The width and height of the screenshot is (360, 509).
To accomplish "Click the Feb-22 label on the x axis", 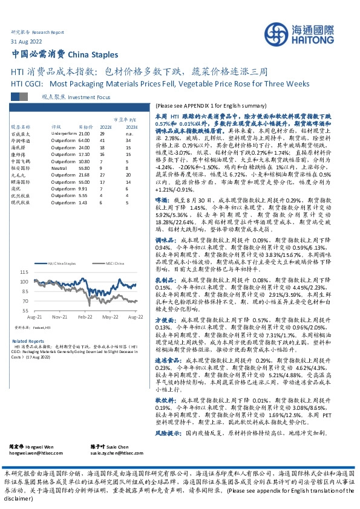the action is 84,317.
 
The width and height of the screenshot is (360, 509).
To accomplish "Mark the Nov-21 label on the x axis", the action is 59,317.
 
